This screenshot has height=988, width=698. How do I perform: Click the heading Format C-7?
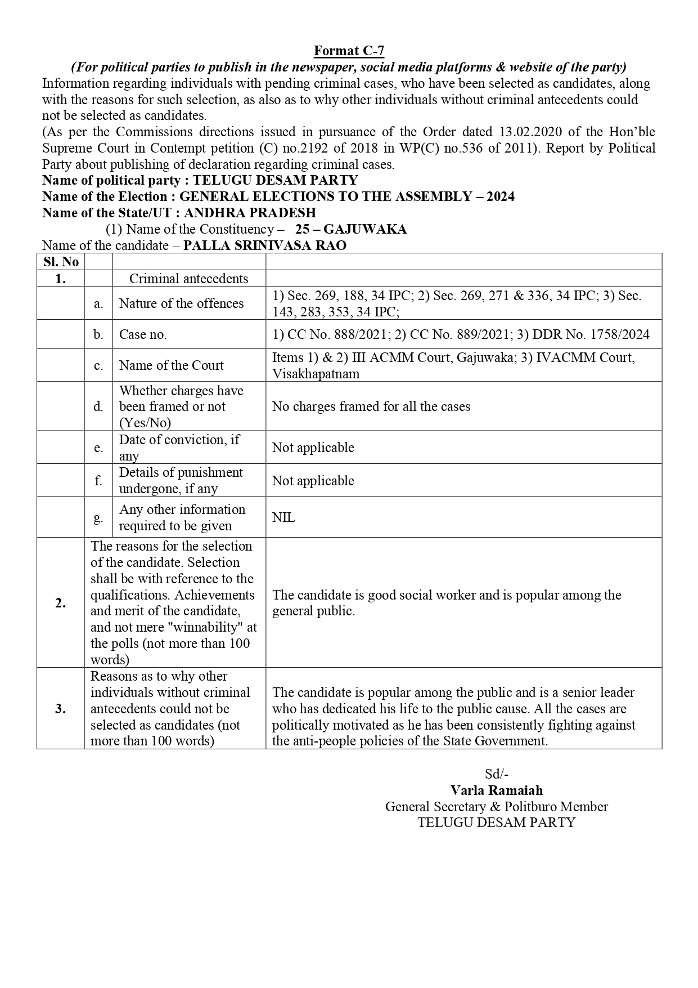[x=349, y=51]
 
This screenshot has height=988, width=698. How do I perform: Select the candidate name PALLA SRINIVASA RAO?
[x=265, y=245]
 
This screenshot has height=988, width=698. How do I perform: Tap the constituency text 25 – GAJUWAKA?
[x=350, y=229]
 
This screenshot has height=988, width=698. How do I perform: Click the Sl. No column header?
[x=61, y=262]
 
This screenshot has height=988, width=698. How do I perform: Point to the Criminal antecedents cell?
[x=188, y=279]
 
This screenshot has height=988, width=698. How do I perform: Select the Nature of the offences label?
[x=181, y=303]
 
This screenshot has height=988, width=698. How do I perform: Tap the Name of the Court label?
[x=171, y=365]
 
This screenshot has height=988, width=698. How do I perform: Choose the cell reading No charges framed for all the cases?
[x=371, y=406]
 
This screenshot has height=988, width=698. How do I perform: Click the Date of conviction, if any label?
[x=179, y=448]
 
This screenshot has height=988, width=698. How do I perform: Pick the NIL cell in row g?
[x=283, y=517]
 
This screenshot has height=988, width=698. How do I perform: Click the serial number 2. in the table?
[x=61, y=603]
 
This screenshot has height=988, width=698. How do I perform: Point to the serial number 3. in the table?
[x=61, y=709]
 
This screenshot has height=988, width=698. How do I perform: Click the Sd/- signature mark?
[x=496, y=774]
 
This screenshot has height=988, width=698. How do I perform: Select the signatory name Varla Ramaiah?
[x=496, y=790]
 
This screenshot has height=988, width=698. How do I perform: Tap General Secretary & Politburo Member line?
[x=496, y=807]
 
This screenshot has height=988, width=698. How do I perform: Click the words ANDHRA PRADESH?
[x=250, y=213]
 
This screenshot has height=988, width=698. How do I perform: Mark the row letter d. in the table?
[x=98, y=406]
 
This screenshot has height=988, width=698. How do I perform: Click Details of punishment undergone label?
[x=181, y=480]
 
